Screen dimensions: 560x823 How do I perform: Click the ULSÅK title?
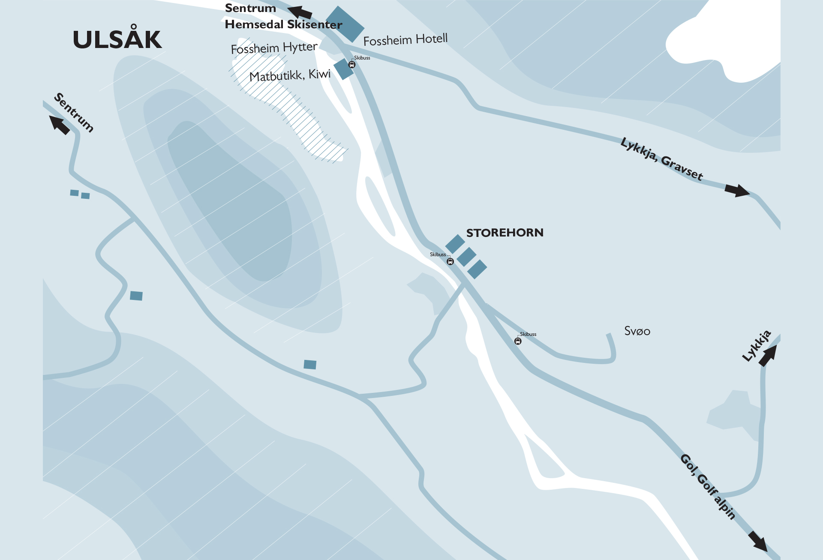coord(117,39)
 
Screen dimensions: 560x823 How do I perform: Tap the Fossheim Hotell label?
coord(405,40)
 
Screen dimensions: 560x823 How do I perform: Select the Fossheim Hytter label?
coord(274,48)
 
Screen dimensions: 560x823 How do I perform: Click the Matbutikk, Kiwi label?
coord(290,75)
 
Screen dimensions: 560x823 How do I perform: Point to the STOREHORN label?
coord(505,233)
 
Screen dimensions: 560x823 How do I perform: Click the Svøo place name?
coord(637,331)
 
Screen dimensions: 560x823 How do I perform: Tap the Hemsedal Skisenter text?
coord(283,24)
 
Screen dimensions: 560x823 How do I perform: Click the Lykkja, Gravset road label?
coord(661,159)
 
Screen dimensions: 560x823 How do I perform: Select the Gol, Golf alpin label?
coord(708,486)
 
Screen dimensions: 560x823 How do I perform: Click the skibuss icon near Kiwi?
coord(352,65)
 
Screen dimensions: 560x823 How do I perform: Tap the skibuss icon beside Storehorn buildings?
coord(450,261)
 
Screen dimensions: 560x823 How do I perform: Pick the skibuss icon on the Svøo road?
coord(518,341)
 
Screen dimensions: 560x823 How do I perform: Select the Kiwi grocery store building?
coord(343,69)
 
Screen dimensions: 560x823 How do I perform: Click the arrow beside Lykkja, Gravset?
coord(737,190)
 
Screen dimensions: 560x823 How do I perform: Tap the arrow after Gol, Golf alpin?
coord(758,541)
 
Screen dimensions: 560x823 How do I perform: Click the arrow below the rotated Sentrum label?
coord(59,125)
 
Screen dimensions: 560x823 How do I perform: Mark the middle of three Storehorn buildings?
coord(466,257)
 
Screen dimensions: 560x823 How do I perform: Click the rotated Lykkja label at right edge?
coord(757,345)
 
